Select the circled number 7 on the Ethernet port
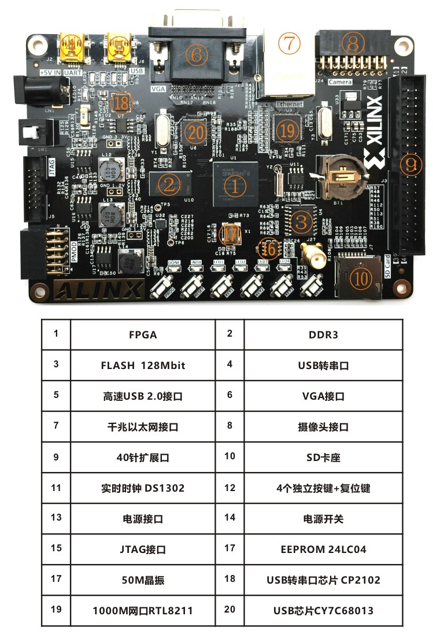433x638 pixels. click(x=288, y=42)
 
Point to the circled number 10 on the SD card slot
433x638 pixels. click(x=361, y=278)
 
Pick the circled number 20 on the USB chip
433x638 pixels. click(x=196, y=133)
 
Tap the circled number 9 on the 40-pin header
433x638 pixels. click(x=410, y=165)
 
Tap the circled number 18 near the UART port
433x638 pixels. click(x=121, y=103)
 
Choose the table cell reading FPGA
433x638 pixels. click(x=143, y=334)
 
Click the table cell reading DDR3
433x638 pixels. click(x=323, y=334)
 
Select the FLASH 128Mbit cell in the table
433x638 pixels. click(x=143, y=365)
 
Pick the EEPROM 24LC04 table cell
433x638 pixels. click(x=323, y=549)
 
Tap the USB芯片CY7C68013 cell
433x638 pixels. click(x=323, y=610)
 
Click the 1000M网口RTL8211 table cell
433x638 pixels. click(x=143, y=610)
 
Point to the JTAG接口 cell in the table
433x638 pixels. click(x=143, y=549)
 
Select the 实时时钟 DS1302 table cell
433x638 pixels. click(x=143, y=488)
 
